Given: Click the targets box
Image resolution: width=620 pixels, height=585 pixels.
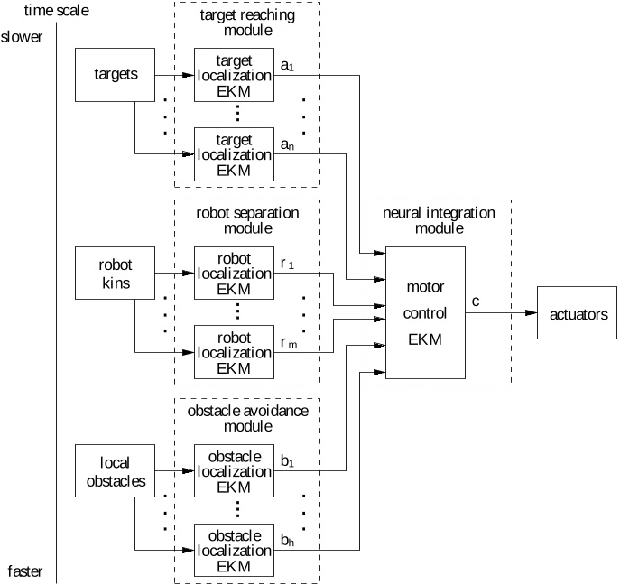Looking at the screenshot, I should point(116,74).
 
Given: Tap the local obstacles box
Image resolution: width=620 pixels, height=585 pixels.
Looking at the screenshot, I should point(116,472).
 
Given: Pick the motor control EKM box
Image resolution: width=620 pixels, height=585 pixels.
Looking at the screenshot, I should point(426,312).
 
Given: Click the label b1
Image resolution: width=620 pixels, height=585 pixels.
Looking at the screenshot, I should point(288,462).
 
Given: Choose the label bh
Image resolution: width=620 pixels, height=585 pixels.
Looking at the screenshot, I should point(288,540).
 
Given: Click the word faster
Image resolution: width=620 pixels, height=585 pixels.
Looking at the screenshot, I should point(24,571).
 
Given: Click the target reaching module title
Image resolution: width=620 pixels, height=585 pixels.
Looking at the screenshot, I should point(246,23).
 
